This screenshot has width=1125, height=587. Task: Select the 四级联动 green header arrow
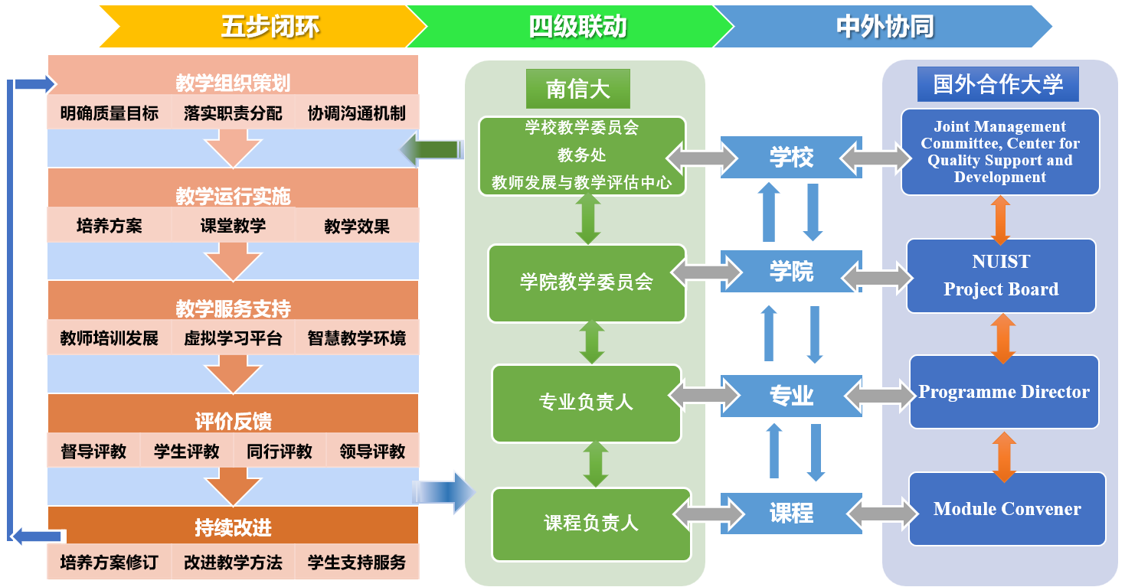pos(571,27)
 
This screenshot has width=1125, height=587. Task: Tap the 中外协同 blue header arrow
pos(881,27)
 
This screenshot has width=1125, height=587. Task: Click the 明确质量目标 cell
pos(110,114)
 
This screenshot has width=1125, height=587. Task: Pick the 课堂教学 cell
pos(233,226)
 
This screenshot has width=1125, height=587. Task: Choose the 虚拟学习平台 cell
pos(233,338)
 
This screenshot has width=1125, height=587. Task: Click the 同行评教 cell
pos(280,452)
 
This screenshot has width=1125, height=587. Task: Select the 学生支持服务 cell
pos(357,563)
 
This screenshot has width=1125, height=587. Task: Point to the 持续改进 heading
pos(233,528)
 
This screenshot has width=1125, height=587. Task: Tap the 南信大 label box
pos(577,89)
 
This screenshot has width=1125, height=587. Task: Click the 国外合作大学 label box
pos(998,83)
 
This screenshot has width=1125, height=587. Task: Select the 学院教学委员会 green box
pos(587,282)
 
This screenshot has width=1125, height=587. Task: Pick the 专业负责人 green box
pos(587,403)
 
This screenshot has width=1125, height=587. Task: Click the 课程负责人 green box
pos(591,523)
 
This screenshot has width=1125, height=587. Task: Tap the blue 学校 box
pos(791,158)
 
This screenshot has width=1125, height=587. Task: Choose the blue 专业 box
pos(791,396)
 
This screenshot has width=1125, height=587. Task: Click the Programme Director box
pos(1004,392)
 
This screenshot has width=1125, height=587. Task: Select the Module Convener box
pos(1007,509)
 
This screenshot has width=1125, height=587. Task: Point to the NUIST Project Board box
pos(1001,276)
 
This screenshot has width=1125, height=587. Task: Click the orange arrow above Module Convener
pos(1004,457)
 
